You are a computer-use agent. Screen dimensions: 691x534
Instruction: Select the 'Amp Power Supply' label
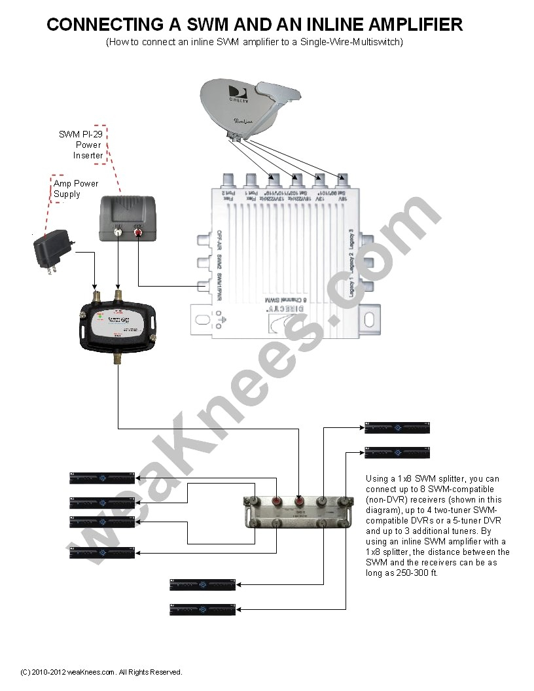point(77,189)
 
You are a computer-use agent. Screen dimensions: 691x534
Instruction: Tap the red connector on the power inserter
point(138,230)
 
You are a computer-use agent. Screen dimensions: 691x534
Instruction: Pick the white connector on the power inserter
point(118,230)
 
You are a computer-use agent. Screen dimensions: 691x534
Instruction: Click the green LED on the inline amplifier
point(99,315)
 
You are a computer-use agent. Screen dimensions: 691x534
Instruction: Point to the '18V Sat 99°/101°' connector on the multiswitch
point(342,180)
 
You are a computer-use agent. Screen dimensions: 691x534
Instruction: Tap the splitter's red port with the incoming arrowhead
point(300,503)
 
